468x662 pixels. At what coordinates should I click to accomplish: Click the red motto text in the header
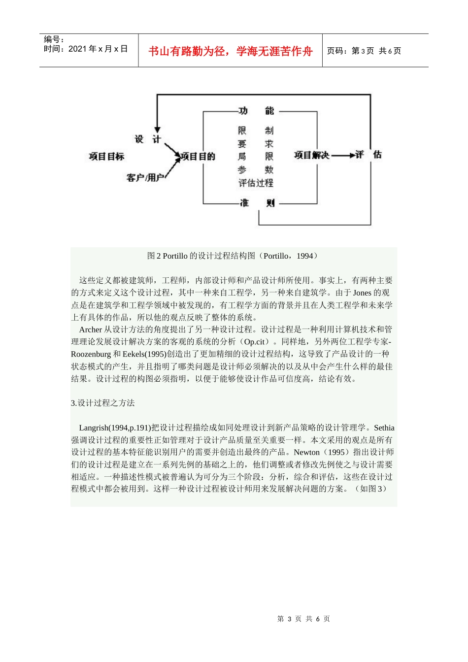pyautogui.click(x=230, y=51)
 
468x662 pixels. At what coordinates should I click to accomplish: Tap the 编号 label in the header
pyautogui.click(x=54, y=39)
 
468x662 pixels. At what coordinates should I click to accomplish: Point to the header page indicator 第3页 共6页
pyautogui.click(x=364, y=51)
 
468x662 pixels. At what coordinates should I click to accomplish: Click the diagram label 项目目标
pyautogui.click(x=106, y=157)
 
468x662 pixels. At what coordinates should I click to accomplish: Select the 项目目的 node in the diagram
pyautogui.click(x=198, y=157)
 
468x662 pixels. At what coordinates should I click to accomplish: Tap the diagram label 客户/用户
pyautogui.click(x=145, y=177)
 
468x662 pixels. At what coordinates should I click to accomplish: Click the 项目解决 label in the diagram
pyautogui.click(x=311, y=155)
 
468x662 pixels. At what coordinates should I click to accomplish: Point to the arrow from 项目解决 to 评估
pyautogui.click(x=343, y=156)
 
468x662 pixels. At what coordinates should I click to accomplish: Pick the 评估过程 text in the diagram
pyautogui.click(x=256, y=183)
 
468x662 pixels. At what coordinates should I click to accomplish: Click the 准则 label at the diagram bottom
pyautogui.click(x=256, y=202)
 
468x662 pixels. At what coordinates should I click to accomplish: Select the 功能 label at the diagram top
pyautogui.click(x=256, y=111)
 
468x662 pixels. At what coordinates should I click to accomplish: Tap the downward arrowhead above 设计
pyautogui.click(x=157, y=129)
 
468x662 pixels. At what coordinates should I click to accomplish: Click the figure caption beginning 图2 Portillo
pyautogui.click(x=233, y=256)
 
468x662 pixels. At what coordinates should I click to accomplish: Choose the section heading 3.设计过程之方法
pyautogui.click(x=103, y=403)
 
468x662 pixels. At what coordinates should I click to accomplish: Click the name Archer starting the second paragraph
pyautogui.click(x=90, y=330)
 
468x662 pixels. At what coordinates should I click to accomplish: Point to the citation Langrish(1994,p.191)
pyautogui.click(x=115, y=428)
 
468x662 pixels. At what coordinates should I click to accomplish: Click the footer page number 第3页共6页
pyautogui.click(x=303, y=619)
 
